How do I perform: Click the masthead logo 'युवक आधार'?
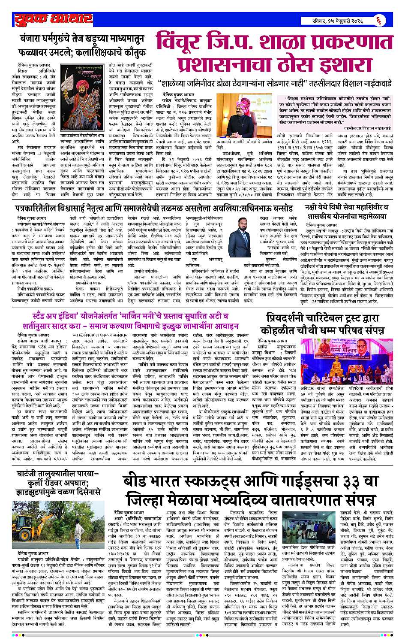(53, 20)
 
